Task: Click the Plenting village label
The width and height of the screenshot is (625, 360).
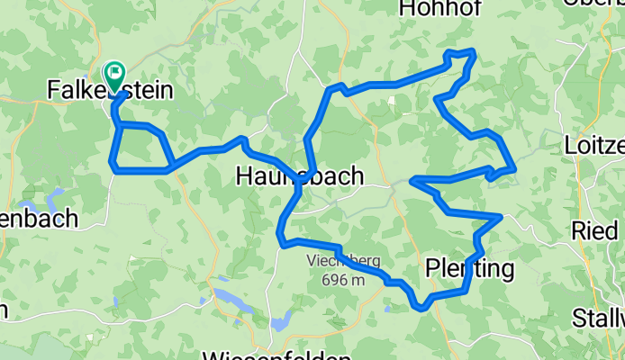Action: click(468, 268)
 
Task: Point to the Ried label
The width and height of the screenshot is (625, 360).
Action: click(593, 229)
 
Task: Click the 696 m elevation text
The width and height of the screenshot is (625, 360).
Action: click(344, 279)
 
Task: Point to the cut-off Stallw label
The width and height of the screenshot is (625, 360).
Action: click(598, 318)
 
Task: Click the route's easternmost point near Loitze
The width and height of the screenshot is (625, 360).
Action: click(514, 167)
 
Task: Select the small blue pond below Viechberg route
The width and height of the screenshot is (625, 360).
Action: click(281, 319)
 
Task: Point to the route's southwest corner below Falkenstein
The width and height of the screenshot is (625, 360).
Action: click(113, 166)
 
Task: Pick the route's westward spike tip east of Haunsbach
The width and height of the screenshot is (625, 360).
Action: click(412, 181)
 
